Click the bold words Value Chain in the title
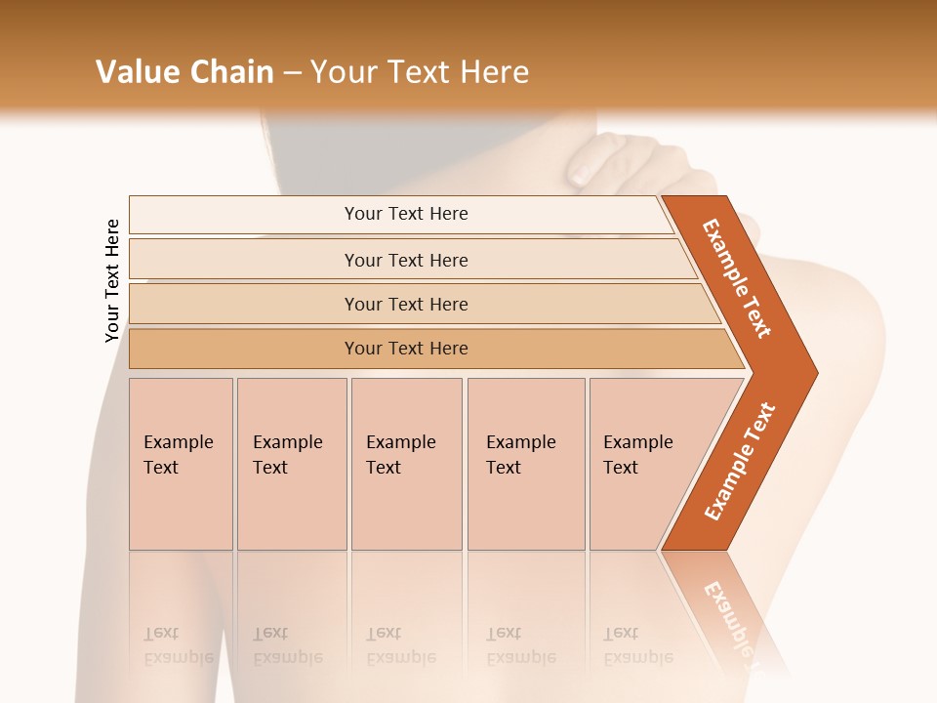pos(184,71)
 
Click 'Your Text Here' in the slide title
pos(420,71)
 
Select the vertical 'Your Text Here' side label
pos(112,280)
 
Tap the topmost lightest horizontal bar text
pos(406,214)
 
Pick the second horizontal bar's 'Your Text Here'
pos(406,260)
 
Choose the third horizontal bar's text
pos(406,304)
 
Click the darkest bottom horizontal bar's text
pos(406,349)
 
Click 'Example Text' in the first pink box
pos(178,455)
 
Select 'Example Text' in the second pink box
pos(287,455)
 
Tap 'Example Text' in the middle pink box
pos(400,455)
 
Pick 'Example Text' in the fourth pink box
pos(520,455)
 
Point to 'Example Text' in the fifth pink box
pos(637,455)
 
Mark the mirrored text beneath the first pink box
pos(178,645)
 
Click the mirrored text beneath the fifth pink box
pos(637,645)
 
